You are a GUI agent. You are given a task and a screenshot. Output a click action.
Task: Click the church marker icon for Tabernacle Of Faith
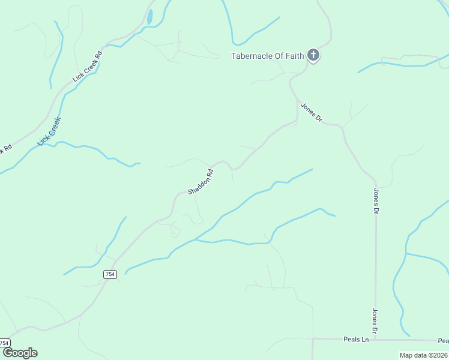click(313, 55)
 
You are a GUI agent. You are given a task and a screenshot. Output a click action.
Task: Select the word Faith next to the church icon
click(294, 56)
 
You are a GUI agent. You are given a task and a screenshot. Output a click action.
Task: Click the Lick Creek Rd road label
click(88, 65)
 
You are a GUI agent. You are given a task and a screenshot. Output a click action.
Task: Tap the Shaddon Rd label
click(201, 181)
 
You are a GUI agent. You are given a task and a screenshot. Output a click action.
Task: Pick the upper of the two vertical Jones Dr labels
click(376, 202)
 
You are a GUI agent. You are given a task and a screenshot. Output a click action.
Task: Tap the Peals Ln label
click(356, 340)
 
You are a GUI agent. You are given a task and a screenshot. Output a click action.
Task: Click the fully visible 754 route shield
click(109, 274)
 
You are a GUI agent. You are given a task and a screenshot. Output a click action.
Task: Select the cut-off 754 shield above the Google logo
click(5, 343)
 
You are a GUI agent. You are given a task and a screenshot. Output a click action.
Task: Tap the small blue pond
click(149, 17)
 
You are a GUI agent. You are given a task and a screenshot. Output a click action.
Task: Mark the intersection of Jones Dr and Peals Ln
click(376, 340)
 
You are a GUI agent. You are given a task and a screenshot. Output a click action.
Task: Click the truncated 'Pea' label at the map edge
click(443, 341)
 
